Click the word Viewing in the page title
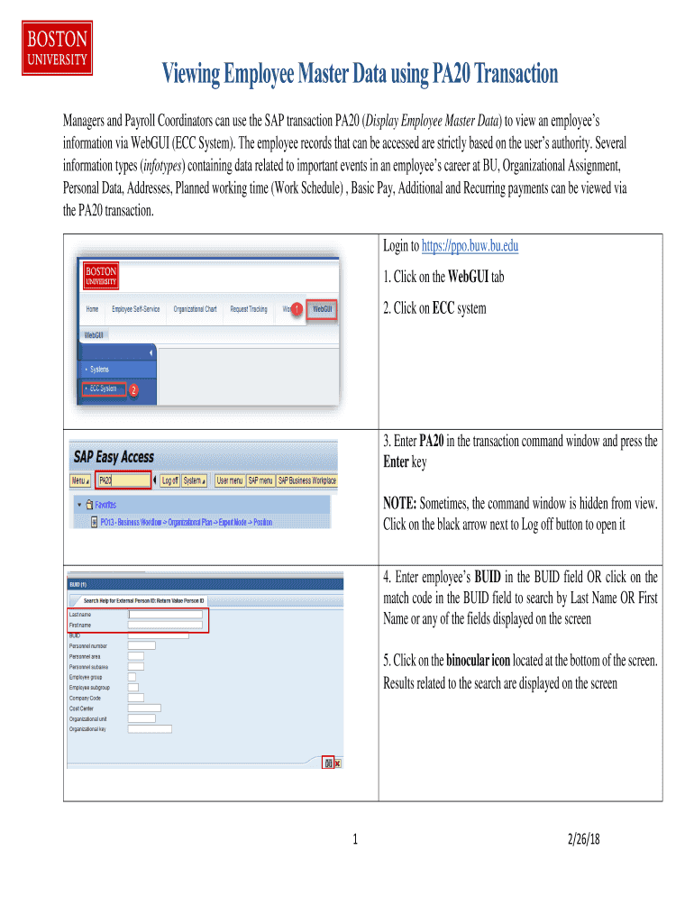196,74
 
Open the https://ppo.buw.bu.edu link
470,246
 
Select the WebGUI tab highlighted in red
322,309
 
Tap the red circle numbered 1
297,310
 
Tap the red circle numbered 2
132,390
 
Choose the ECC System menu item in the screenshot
102,388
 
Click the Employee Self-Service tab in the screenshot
135,309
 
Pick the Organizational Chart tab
195,309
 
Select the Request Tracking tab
249,309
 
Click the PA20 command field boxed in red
121,481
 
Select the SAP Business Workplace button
306,481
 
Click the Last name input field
165,615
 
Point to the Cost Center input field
144,708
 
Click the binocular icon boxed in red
328,763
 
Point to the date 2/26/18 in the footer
584,839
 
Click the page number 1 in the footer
356,840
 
